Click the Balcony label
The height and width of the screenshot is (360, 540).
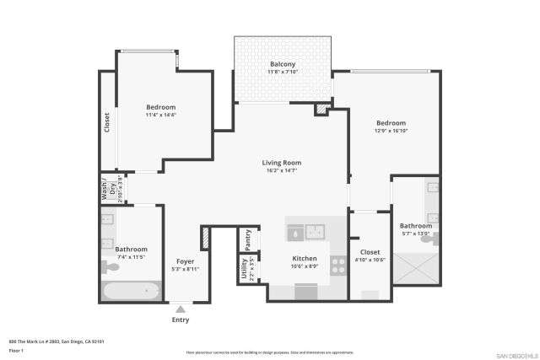coord(283,64)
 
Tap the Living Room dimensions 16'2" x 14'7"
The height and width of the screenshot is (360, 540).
coord(281,171)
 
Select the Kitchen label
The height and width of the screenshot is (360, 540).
coord(304,258)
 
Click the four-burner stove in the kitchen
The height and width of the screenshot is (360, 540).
coord(338,266)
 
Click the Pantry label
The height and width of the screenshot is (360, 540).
coord(248,239)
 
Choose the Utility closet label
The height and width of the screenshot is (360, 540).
coord(245,270)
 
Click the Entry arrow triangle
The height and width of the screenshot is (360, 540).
coord(181,309)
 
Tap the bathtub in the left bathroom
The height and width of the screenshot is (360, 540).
coord(132,291)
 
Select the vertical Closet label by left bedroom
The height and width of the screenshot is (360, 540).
coord(107,124)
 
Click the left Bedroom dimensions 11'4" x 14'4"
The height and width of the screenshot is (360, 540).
coord(160,116)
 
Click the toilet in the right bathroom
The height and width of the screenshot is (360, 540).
coord(429,239)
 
